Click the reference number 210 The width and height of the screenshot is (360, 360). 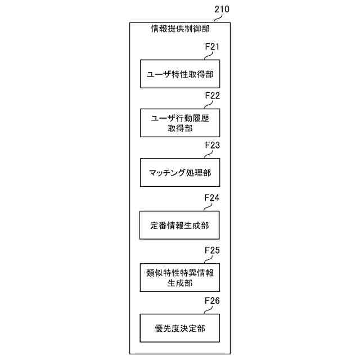pyautogui.click(x=222, y=10)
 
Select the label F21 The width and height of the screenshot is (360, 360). pyautogui.click(x=211, y=47)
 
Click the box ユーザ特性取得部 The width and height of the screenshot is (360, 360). pyautogui.click(x=180, y=74)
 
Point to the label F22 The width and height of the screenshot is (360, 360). pyautogui.click(x=211, y=96)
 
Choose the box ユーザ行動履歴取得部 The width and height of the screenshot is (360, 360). pyautogui.click(x=180, y=123)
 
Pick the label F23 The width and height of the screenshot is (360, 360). pyautogui.click(x=211, y=145)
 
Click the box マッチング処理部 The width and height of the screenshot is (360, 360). pyautogui.click(x=180, y=172)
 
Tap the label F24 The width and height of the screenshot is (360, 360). pyautogui.click(x=211, y=198)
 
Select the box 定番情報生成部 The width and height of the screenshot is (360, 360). pyautogui.click(x=180, y=226)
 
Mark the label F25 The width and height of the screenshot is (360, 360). pyautogui.click(x=211, y=249)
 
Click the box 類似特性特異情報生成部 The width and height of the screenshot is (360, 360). pyautogui.click(x=180, y=277)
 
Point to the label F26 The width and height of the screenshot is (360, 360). pyautogui.click(x=211, y=300)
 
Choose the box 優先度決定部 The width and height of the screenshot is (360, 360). pyautogui.click(x=180, y=328)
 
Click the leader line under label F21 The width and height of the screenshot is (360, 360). pyautogui.click(x=209, y=55)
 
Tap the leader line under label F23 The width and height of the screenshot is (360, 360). pyautogui.click(x=209, y=154)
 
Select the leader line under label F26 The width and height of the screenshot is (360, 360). pyautogui.click(x=209, y=310)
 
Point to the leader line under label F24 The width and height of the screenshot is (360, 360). pyautogui.click(x=209, y=207)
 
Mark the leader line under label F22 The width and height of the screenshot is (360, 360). pyautogui.click(x=209, y=104)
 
